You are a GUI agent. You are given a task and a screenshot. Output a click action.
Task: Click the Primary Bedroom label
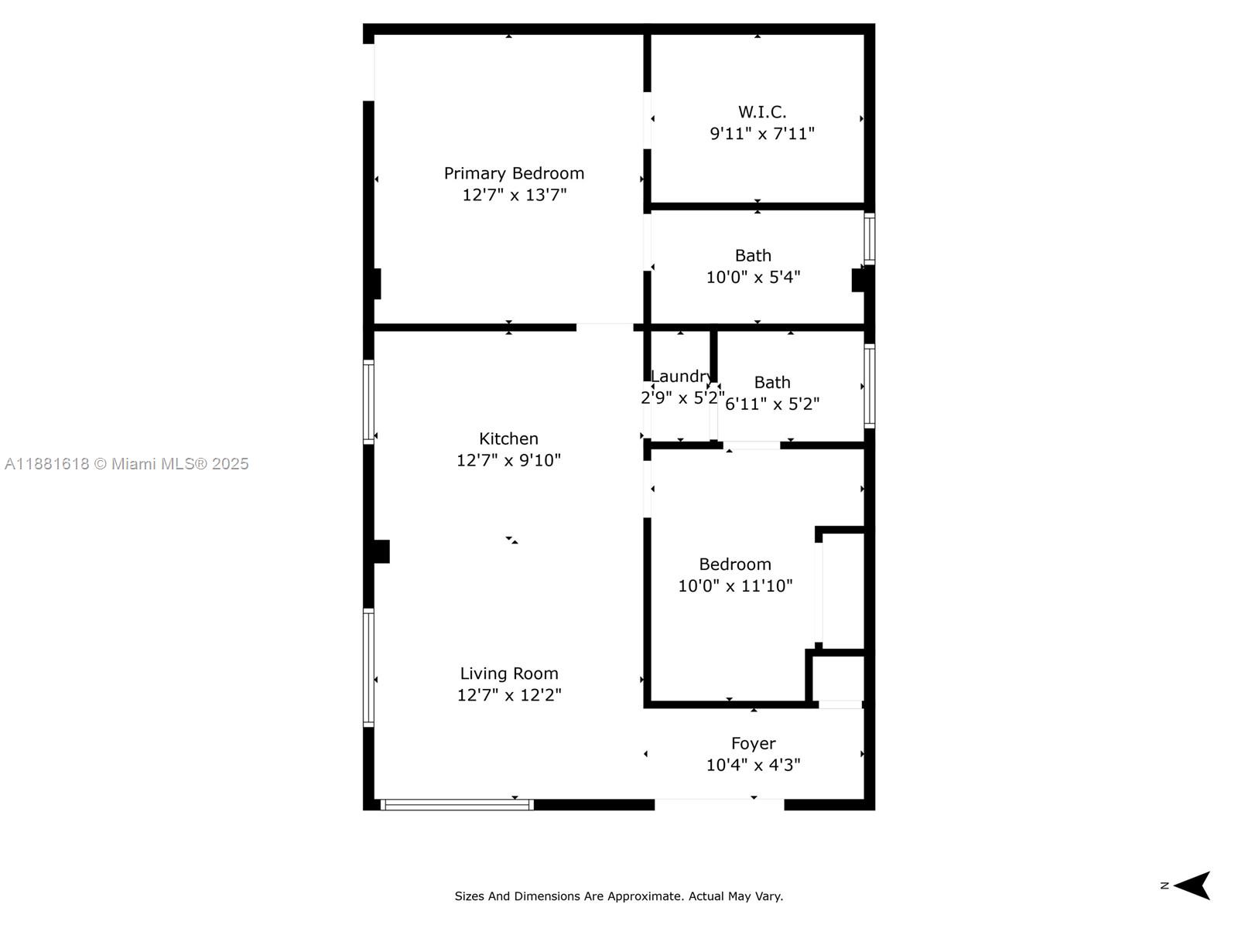tap(514, 173)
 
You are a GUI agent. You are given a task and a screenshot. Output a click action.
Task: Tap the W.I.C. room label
tap(762, 112)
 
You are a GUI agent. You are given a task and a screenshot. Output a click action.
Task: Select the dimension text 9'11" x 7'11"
tap(762, 134)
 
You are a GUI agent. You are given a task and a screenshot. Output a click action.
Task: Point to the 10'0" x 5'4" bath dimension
tap(753, 277)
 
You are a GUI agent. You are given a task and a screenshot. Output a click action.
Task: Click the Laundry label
tap(680, 377)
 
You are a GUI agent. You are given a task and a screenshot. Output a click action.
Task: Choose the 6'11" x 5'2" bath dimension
tap(772, 404)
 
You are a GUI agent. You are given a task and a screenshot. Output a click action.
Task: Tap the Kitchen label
tap(508, 438)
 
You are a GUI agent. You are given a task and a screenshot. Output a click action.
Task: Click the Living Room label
tap(509, 674)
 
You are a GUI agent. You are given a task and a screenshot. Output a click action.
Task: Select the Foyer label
tap(753, 743)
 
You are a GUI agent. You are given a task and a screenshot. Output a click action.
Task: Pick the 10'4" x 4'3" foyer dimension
tap(753, 765)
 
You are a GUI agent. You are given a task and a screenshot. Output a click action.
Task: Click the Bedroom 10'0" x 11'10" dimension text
tap(735, 586)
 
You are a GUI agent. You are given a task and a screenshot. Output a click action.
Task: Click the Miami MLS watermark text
tap(127, 464)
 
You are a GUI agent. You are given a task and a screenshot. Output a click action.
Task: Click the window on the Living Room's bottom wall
tap(457, 805)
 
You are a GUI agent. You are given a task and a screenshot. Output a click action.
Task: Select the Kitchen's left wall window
tap(369, 402)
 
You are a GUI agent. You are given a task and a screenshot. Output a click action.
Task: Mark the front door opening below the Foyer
tap(719, 805)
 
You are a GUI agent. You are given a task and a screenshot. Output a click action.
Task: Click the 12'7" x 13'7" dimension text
tap(514, 195)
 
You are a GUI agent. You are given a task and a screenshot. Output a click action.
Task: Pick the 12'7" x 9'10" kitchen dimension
tap(508, 460)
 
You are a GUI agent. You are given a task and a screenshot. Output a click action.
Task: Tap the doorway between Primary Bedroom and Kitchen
tap(604, 328)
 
